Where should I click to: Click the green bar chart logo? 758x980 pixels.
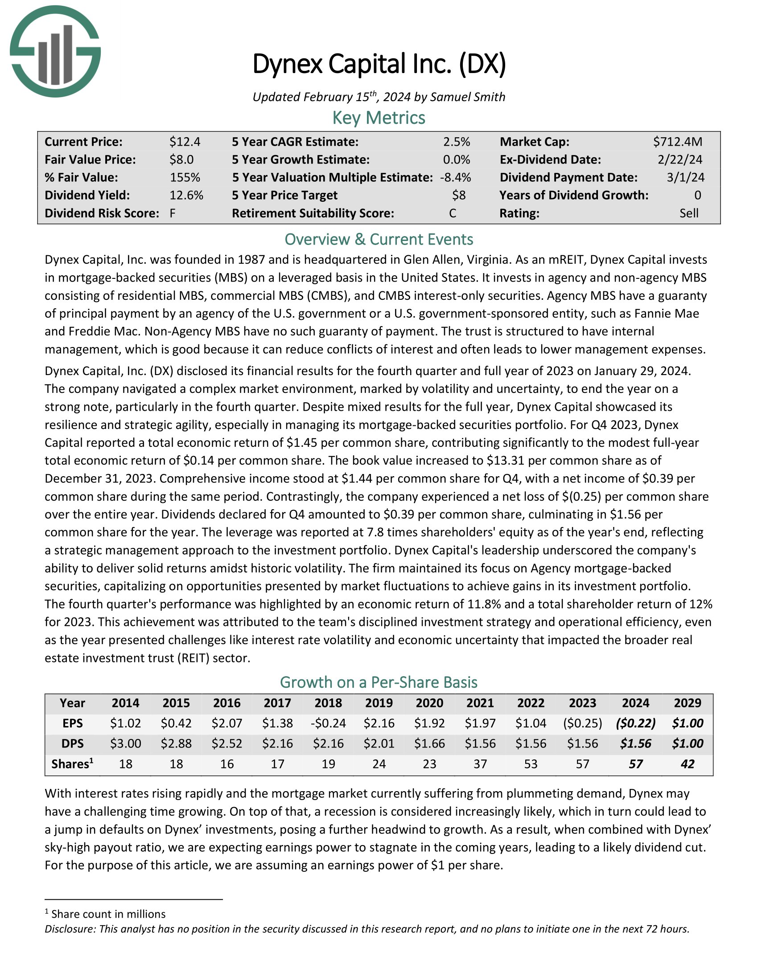tap(55, 51)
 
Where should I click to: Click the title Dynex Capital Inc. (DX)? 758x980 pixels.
tap(379, 64)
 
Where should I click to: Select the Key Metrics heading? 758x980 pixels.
tap(379, 118)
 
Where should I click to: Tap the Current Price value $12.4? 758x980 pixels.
tap(185, 142)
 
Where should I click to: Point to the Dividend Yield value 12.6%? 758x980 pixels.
tap(186, 195)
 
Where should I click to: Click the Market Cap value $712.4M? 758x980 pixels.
tap(677, 142)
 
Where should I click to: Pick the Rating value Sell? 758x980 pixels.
tap(688, 213)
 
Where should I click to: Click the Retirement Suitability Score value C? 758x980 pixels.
tap(452, 213)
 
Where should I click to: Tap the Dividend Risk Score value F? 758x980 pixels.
tap(173, 213)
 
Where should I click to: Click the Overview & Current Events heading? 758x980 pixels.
tap(379, 239)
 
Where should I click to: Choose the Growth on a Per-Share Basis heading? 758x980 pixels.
tap(379, 682)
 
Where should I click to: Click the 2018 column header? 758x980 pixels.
tap(328, 702)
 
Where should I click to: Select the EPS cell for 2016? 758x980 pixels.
tap(227, 723)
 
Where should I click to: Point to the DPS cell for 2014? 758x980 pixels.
tap(126, 743)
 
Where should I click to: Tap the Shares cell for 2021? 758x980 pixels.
tap(480, 764)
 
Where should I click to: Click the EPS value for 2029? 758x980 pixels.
tap(687, 723)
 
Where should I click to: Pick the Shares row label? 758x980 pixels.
tap(72, 764)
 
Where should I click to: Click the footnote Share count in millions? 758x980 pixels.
tap(108, 914)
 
